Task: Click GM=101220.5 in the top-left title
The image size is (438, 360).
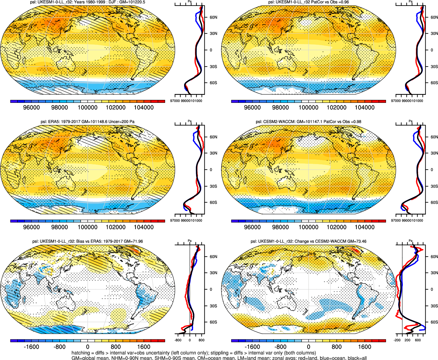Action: tap(132, 2)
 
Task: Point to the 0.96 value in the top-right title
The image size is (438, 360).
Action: tap(345, 2)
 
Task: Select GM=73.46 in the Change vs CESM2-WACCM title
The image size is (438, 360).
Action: tap(357, 241)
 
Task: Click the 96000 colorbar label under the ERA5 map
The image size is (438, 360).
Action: tap(31, 227)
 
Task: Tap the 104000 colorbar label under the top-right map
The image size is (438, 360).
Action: tap(364, 108)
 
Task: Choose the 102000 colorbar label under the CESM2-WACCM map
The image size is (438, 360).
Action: tap(336, 227)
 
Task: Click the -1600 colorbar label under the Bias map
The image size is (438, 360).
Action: tap(31, 347)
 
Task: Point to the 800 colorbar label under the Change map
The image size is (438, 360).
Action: tap(336, 347)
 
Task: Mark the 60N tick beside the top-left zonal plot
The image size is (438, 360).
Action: tap(213, 17)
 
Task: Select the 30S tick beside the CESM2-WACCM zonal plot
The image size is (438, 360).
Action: tap(434, 186)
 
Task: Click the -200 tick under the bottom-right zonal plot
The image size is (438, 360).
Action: tap(397, 340)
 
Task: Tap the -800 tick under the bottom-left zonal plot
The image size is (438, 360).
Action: tap(178, 340)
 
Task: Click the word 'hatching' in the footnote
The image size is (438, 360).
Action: tap(81, 353)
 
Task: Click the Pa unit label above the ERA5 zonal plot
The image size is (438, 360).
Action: tap(190, 121)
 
